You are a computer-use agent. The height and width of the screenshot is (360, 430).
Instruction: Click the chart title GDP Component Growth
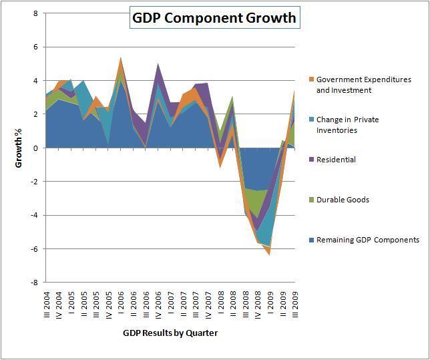(x=214, y=18)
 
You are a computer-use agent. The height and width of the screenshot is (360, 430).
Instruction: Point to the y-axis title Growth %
(x=21, y=146)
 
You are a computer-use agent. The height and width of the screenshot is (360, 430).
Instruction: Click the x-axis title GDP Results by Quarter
(x=170, y=332)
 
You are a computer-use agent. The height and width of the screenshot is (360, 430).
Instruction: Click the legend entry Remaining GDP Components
(x=368, y=240)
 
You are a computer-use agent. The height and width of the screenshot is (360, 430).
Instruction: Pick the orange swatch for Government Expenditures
(x=311, y=80)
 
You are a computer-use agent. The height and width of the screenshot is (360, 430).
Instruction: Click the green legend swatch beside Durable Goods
(x=311, y=200)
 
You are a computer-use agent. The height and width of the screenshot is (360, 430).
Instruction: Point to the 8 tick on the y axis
(x=35, y=13)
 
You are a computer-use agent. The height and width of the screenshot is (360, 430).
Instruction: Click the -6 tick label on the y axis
(x=33, y=248)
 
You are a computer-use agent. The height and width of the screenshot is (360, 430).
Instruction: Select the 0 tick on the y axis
(x=35, y=148)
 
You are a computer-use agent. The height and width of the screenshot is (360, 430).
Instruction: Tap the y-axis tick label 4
(x=35, y=81)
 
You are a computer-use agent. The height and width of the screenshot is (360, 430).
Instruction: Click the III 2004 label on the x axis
(x=46, y=304)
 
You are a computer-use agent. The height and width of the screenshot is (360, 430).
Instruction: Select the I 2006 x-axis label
(x=120, y=304)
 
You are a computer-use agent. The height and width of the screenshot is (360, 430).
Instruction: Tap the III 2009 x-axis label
(x=293, y=304)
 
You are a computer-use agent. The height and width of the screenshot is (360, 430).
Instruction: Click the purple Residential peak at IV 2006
(x=158, y=64)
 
